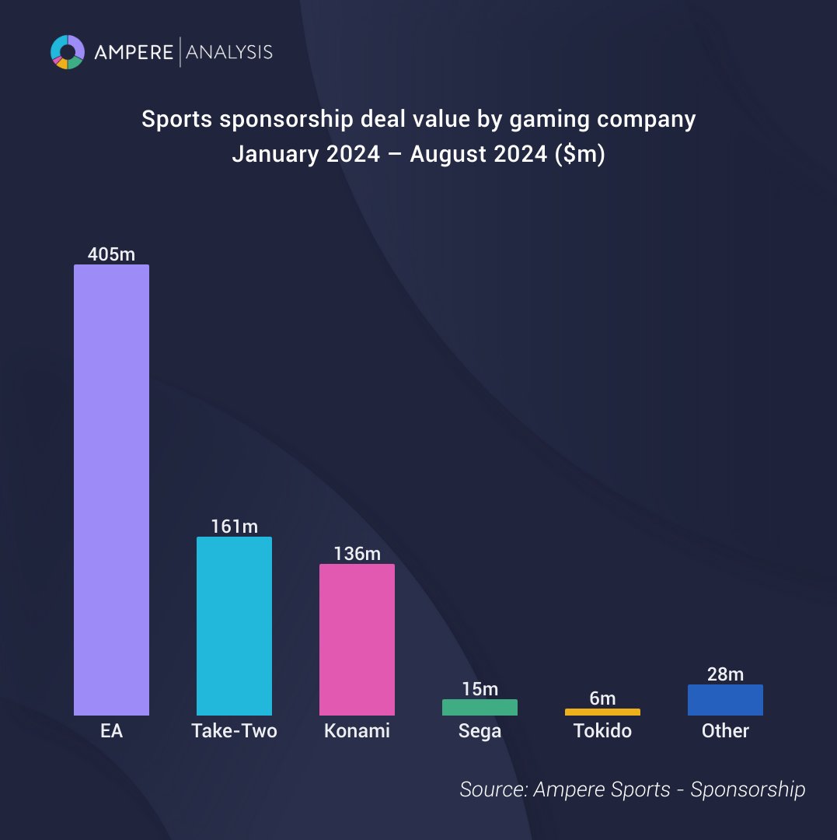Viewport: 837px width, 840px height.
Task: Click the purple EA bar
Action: click(111, 490)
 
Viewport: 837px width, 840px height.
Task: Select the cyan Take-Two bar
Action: click(234, 626)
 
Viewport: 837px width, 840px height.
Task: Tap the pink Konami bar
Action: click(357, 639)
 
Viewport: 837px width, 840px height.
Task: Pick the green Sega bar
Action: click(480, 707)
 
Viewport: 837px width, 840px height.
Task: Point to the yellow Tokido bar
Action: click(602, 712)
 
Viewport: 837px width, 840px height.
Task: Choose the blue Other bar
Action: click(725, 700)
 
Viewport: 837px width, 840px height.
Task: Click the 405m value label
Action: click(111, 254)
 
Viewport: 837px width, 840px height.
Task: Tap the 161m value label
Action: click(234, 527)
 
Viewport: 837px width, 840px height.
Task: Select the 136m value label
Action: click(357, 554)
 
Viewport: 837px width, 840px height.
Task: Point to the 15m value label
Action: click(480, 689)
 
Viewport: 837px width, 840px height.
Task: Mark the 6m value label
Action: click(602, 698)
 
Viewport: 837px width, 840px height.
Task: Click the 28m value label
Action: click(725, 674)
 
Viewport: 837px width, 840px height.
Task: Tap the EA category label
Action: click(111, 731)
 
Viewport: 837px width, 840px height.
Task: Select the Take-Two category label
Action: click(234, 731)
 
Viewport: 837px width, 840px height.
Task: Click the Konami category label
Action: click(357, 731)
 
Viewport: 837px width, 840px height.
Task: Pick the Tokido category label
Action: click(602, 731)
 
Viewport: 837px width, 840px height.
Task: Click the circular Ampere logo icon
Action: click(68, 52)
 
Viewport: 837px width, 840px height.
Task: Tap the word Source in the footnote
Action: click(492, 789)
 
